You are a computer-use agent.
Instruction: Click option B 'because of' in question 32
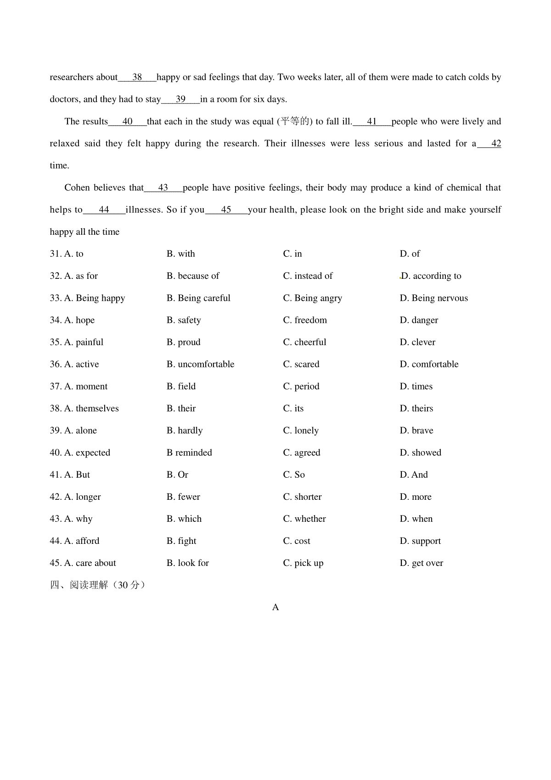(193, 276)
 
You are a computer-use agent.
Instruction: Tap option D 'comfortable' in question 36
(429, 364)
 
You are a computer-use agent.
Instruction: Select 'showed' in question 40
(421, 452)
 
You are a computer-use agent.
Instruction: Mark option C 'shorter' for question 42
(302, 497)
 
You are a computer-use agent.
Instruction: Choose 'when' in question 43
(416, 519)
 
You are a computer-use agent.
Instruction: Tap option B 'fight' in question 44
(181, 541)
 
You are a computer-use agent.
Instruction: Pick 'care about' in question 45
(90, 563)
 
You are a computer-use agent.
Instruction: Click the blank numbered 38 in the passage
(137, 77)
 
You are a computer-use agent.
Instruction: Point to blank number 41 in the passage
(372, 122)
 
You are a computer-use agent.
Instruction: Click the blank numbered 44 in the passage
(104, 210)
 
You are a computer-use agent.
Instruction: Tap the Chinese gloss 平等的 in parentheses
(295, 121)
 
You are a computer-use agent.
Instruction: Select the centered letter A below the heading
(275, 607)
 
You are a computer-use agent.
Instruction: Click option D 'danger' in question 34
(419, 320)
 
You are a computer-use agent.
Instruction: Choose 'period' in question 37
(301, 386)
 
